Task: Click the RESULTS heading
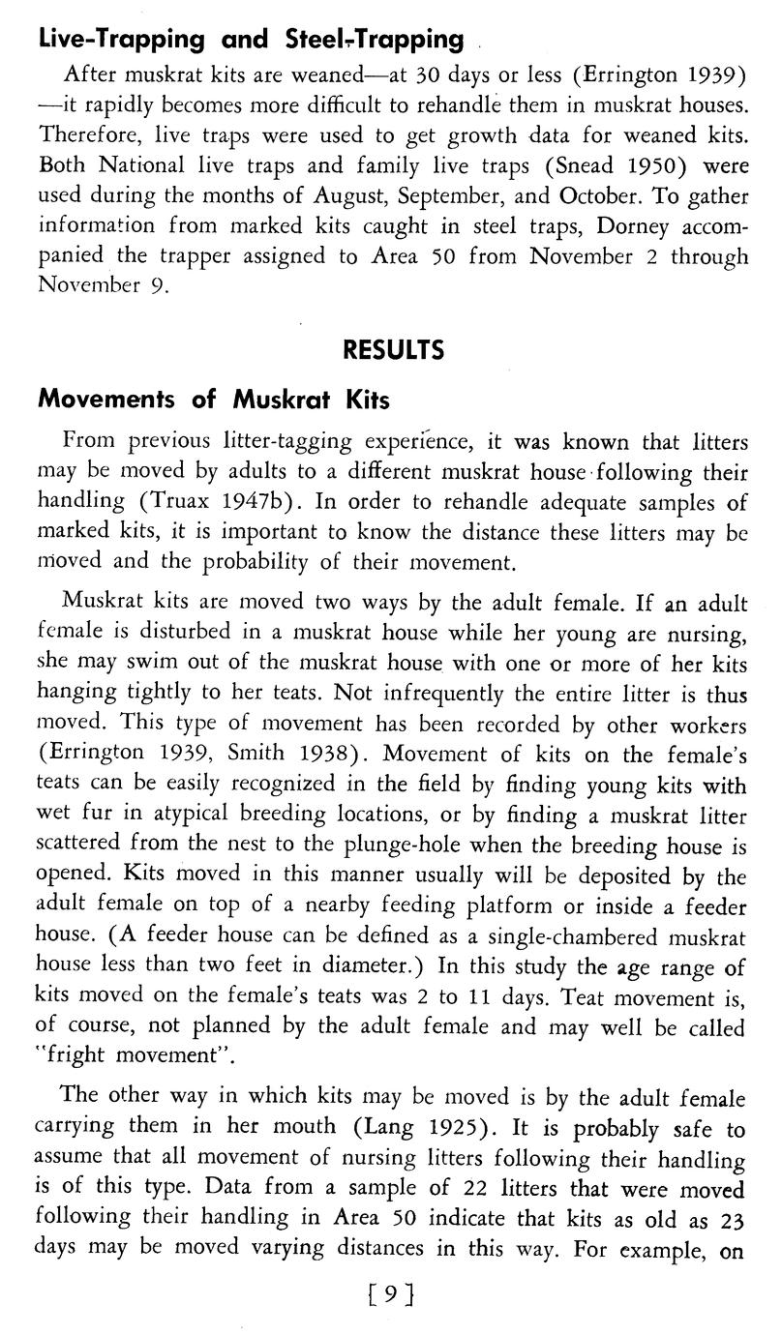393,349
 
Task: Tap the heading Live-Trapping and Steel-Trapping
250,39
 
